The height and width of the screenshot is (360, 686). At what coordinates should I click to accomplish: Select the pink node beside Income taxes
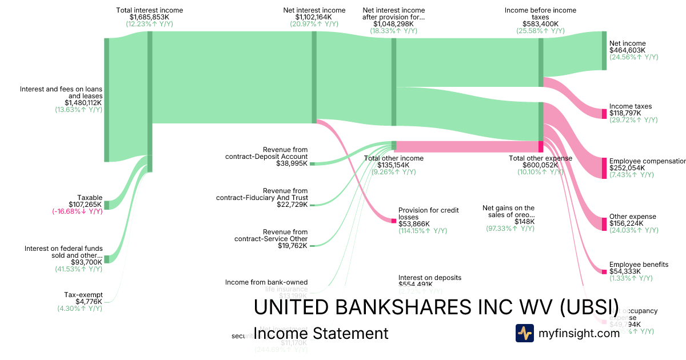(604, 113)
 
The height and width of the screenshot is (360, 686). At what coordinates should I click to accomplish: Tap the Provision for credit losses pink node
(393, 221)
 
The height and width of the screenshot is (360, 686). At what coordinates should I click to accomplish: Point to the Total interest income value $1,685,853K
(149, 17)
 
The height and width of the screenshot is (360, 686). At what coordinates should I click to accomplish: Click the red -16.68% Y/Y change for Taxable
(77, 211)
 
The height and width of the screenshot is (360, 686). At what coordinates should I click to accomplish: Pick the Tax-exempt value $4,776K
(89, 302)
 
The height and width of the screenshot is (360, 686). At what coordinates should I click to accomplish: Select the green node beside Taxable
(106, 205)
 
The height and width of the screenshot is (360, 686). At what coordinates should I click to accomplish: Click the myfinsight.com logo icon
(524, 333)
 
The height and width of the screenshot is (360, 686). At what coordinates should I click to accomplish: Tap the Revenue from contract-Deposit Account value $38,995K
(292, 163)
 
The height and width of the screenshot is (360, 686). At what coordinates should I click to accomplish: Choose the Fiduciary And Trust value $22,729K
(292, 205)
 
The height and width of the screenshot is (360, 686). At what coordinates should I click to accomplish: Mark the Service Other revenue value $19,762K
(292, 246)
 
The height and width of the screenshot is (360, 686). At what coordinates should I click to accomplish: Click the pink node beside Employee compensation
(604, 168)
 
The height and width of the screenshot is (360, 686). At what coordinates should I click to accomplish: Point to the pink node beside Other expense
(604, 223)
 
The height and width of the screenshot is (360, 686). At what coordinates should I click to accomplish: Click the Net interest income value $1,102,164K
(314, 17)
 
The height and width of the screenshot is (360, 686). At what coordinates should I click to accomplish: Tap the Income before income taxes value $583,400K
(540, 24)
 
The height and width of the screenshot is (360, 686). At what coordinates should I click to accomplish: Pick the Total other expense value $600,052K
(540, 165)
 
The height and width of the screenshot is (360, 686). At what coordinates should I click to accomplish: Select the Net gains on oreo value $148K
(524, 222)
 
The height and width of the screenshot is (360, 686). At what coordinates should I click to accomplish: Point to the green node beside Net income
(604, 50)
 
